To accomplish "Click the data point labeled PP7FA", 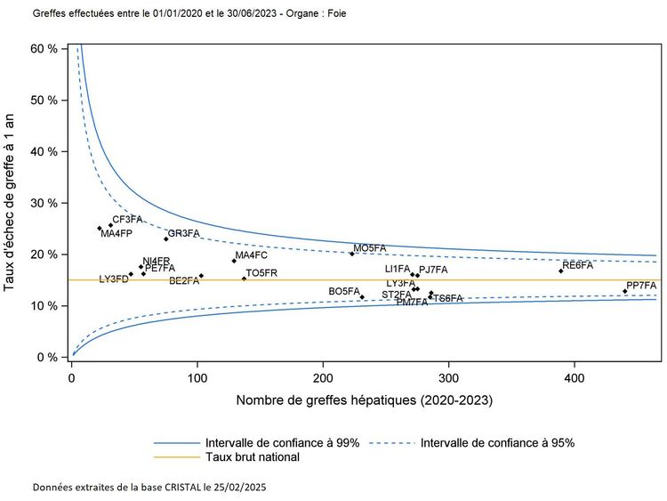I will pos(625,291).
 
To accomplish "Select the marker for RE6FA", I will pos(561,271).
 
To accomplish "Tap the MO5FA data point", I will pos(351,254).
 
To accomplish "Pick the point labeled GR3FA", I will pos(166,238).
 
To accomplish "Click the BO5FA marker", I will pos(362,296).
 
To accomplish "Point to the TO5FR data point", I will pos(244,279).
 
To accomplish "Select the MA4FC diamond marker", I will pos(234,260).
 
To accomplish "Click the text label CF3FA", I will pos(127,219).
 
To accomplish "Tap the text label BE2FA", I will pos(184,281).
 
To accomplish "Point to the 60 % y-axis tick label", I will pos(43,48).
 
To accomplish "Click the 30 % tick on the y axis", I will pos(43,203).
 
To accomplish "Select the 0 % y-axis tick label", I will pos(46,358).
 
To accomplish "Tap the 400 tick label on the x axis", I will pos(575,378).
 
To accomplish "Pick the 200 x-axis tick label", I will pos(323,378).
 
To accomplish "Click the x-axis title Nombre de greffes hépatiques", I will pos(365,401).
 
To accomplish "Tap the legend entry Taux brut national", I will pos(252,457).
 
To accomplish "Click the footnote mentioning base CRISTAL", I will pos(149,488).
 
